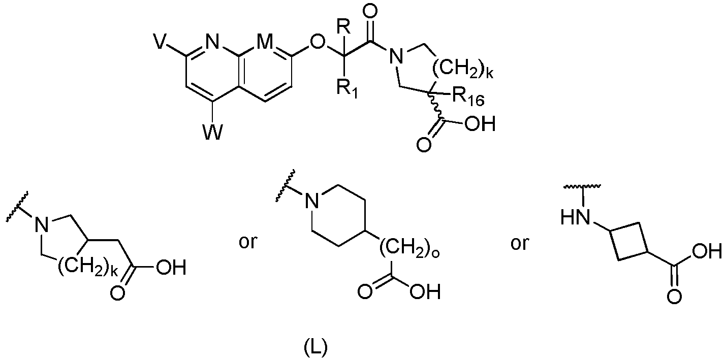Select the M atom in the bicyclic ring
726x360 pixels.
tap(265, 42)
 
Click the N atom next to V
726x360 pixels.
tap(212, 42)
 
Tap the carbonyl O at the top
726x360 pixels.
tap(370, 12)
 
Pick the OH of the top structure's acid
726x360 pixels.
tap(480, 123)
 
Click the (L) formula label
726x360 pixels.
tap(315, 347)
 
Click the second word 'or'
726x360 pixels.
tap(520, 243)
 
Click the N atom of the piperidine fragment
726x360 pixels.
tap(312, 201)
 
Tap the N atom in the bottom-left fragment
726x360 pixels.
tap(42, 224)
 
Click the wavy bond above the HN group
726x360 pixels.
tap(582, 186)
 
